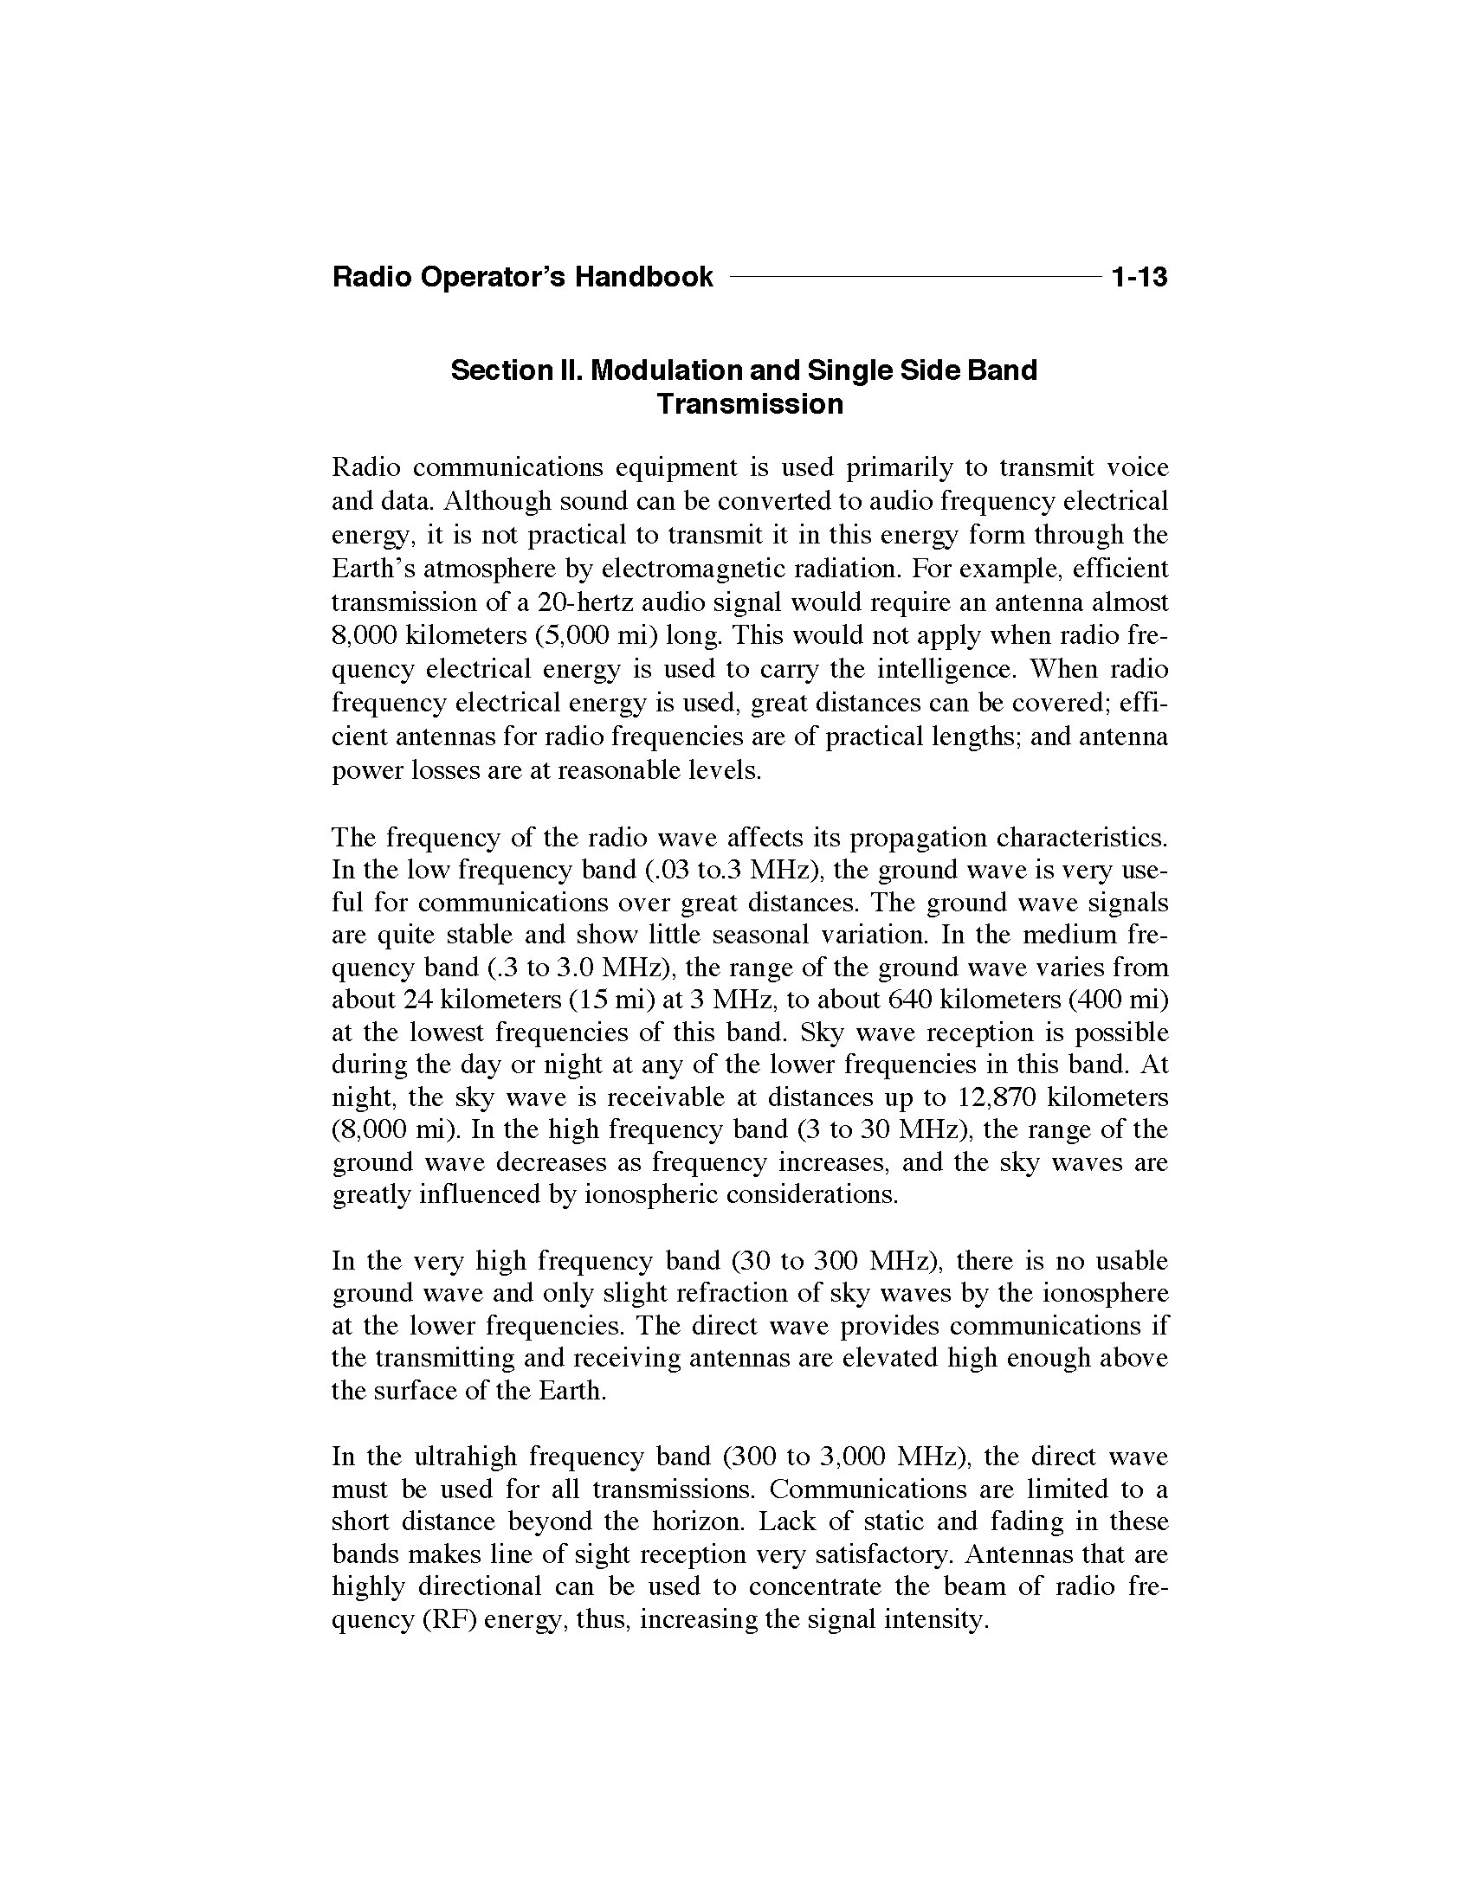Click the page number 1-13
pyautogui.click(x=1139, y=278)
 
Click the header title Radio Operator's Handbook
pyautogui.click(x=522, y=278)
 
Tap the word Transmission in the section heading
pyautogui.click(x=750, y=404)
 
